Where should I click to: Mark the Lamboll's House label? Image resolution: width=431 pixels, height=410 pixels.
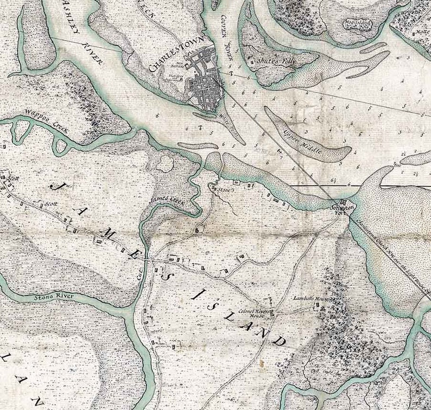(307, 299)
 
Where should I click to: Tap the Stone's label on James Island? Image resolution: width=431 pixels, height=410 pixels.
(223, 190)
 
